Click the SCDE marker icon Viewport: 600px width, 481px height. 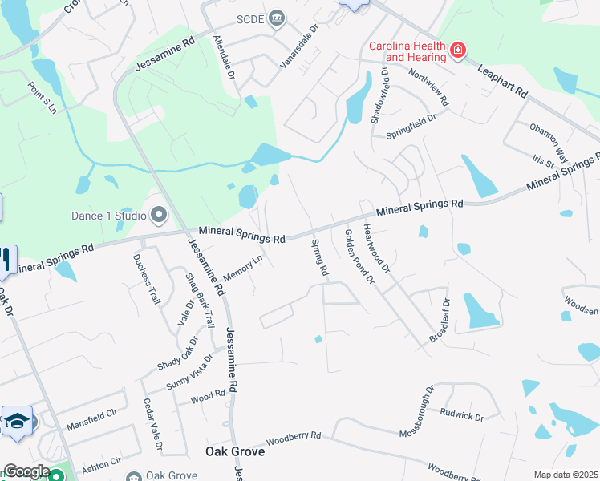click(x=277, y=18)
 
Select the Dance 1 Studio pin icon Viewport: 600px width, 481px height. click(x=159, y=215)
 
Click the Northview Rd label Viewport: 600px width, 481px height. click(x=432, y=88)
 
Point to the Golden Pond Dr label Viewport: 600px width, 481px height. click(x=359, y=256)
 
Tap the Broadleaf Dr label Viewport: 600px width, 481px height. click(x=440, y=321)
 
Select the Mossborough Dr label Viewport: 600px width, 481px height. click(x=418, y=410)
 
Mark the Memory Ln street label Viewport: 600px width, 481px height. click(x=243, y=269)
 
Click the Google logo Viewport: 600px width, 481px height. click(x=26, y=471)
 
